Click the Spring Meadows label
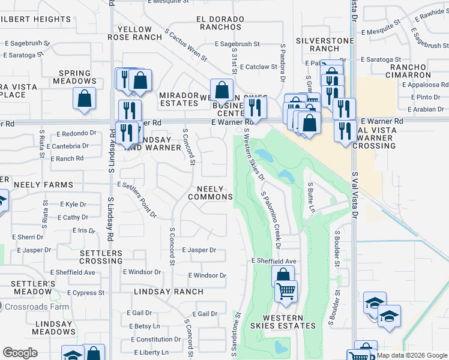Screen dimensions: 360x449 point(75,77)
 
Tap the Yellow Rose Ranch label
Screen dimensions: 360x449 point(140,33)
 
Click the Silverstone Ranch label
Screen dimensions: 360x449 point(318,44)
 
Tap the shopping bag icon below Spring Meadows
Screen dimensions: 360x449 point(85,98)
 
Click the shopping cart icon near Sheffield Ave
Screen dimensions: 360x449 point(286,291)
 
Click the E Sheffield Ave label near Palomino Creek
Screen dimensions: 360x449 point(274,261)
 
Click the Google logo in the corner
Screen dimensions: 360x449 point(20,353)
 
